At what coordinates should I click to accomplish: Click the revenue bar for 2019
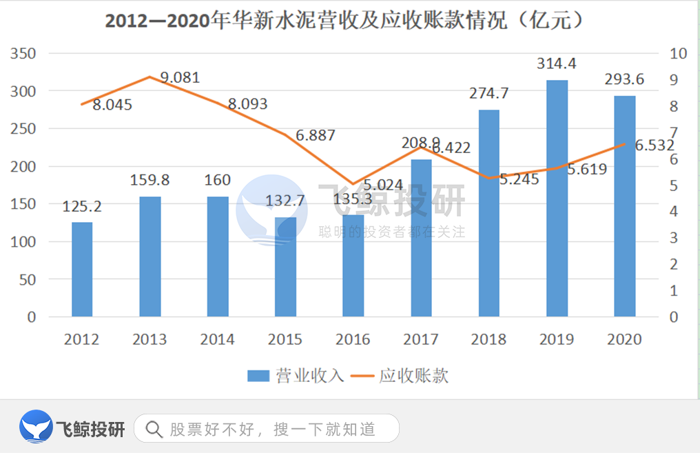(557, 199)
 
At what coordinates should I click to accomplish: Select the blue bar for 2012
(82, 270)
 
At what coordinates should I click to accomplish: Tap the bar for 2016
(353, 266)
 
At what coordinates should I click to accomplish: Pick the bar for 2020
(624, 206)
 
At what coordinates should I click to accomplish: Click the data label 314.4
(557, 64)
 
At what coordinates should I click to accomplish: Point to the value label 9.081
(179, 77)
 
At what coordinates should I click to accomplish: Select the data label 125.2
(82, 206)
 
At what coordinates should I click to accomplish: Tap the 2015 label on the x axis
(285, 339)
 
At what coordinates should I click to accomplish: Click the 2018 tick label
(488, 339)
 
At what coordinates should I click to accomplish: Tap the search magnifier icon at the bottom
(154, 430)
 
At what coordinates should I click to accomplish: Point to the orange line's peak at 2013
(150, 77)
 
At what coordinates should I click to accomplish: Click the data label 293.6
(624, 79)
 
